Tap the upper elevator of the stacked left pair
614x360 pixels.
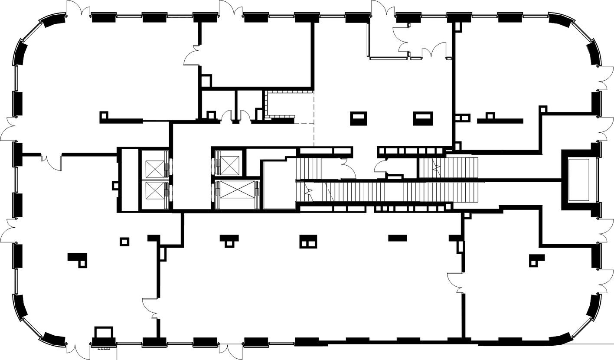pos(154,168)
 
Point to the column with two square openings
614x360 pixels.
pos(308,242)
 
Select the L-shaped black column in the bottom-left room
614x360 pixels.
pos(78,259)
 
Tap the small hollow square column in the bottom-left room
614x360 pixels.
pos(124,242)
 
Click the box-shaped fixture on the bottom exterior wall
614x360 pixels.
pos(104,334)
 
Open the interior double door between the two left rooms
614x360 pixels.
pos(52,160)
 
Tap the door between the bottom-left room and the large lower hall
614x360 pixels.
pos(151,308)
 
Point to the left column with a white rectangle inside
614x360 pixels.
pos(359,118)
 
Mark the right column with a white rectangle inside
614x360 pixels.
pos(423,118)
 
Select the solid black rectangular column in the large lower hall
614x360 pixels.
pos(397,237)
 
